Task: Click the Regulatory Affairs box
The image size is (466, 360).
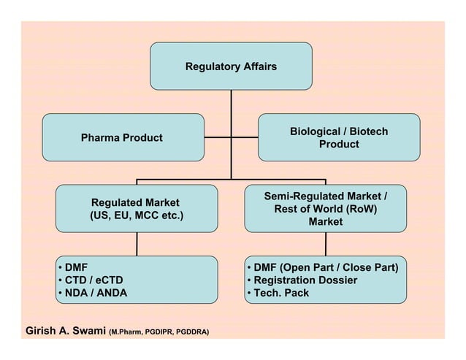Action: click(231, 66)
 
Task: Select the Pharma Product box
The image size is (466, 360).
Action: click(122, 137)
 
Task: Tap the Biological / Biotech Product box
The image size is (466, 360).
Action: click(339, 137)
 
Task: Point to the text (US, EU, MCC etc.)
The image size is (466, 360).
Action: click(136, 216)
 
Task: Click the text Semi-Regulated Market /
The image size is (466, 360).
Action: click(325, 196)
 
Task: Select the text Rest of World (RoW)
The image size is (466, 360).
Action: click(325, 209)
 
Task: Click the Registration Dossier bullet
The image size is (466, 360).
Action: click(305, 280)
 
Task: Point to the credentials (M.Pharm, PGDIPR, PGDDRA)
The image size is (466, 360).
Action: click(158, 333)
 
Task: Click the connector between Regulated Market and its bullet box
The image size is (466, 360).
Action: click(137, 244)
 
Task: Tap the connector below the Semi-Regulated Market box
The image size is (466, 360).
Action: click(325, 244)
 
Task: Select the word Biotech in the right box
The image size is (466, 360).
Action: click(369, 131)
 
